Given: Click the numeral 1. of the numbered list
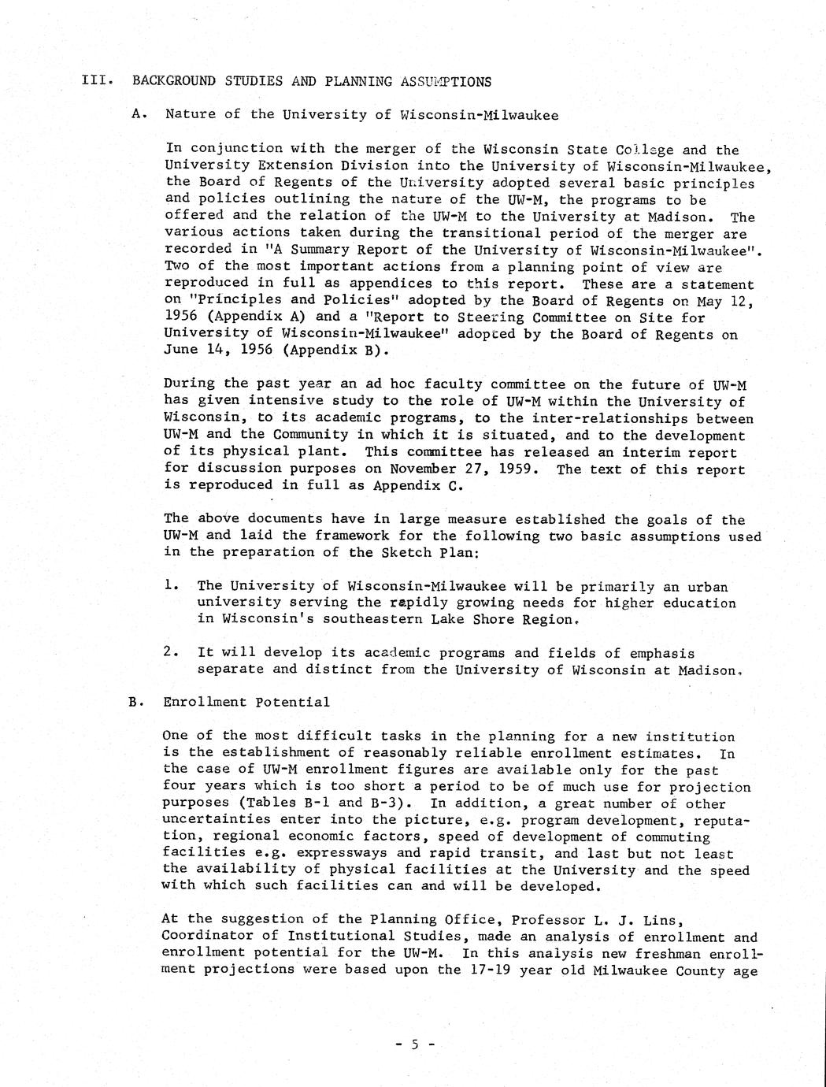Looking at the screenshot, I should (170, 586).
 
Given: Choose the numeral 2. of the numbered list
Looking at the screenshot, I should (170, 653).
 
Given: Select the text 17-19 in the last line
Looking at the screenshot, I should (461, 970).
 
